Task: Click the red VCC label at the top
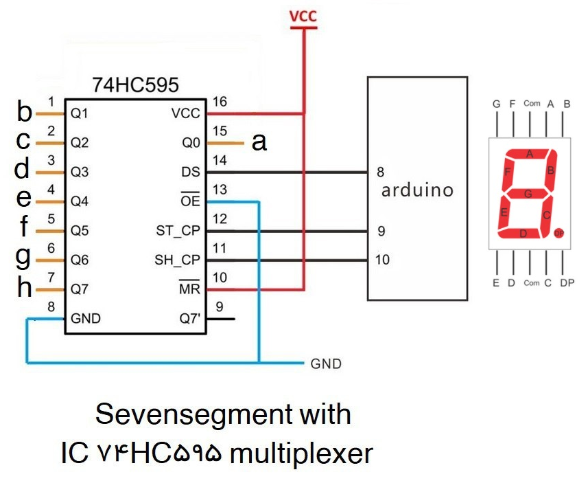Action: [303, 16]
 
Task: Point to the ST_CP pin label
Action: [178, 231]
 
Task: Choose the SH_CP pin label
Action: [177, 260]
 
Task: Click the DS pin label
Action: [191, 172]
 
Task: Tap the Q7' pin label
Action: [189, 319]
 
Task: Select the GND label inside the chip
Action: [86, 319]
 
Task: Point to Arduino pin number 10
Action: [383, 260]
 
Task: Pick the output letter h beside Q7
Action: [25, 289]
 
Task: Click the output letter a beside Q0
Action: [259, 142]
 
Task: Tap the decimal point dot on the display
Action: [558, 233]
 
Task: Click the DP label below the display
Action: [567, 283]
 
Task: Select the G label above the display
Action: [496, 104]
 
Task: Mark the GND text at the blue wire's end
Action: [326, 363]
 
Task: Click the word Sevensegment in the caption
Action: [178, 414]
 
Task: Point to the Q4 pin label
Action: [80, 201]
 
